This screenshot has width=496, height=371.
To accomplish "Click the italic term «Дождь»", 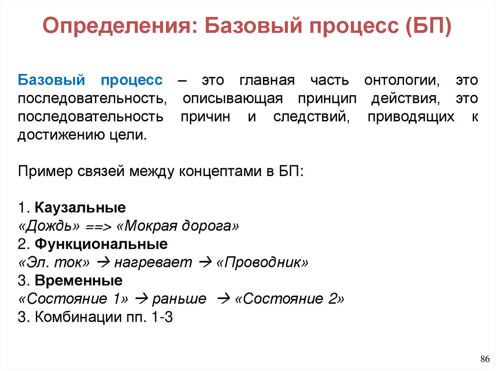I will pos(49,226).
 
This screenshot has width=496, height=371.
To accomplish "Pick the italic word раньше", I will pos(179,299).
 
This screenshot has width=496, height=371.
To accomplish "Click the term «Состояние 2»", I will pos(289,299).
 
